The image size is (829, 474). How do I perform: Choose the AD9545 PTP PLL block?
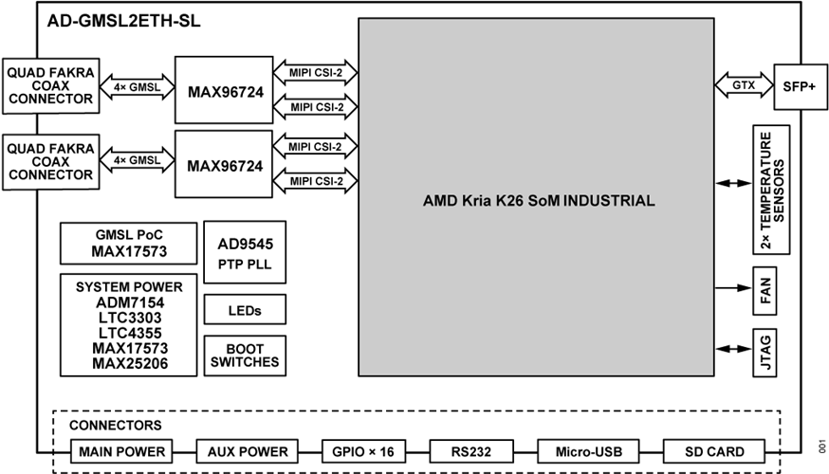(x=245, y=252)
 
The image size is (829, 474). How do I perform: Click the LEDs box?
(x=245, y=310)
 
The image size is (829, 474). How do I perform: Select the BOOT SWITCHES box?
(x=245, y=355)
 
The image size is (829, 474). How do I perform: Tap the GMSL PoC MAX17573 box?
(x=128, y=244)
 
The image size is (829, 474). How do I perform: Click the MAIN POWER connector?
(x=122, y=451)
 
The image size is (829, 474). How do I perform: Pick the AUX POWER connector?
(x=247, y=451)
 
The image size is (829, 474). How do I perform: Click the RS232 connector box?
(x=471, y=451)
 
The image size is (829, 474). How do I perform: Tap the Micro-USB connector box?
(x=584, y=451)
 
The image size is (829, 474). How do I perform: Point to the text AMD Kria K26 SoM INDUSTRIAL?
(x=538, y=201)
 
